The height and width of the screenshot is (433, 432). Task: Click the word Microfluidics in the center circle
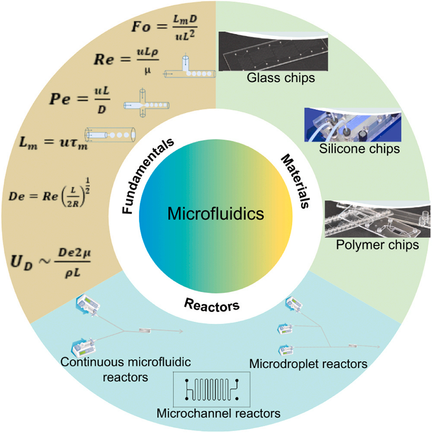pyautogui.click(x=216, y=213)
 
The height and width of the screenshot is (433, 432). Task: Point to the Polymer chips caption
pyautogui.click(x=377, y=245)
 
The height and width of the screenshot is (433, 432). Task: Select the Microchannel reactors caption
pyautogui.click(x=218, y=413)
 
